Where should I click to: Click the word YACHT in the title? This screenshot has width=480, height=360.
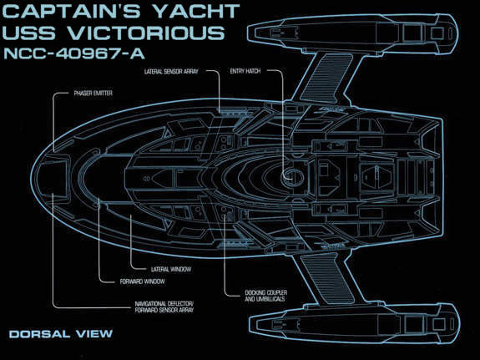coord(196,12)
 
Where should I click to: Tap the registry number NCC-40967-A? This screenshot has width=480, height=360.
coord(73,54)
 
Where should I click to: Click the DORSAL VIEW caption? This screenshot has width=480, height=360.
coord(61,333)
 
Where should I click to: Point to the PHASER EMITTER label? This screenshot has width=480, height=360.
coord(93,94)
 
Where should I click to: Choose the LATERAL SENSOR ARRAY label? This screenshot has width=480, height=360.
coord(171,72)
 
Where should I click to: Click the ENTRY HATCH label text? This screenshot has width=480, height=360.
coord(245,71)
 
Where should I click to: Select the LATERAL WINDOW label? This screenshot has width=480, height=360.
coord(171,269)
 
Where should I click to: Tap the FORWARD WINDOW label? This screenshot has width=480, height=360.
coord(143,281)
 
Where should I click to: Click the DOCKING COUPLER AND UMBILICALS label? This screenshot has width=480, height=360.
coord(265,296)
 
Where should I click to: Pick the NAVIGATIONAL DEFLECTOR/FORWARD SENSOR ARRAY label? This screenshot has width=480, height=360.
coord(164,307)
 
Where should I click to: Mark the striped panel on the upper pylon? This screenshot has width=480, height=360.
coord(327,79)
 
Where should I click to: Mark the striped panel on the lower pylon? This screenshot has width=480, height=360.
coord(327,276)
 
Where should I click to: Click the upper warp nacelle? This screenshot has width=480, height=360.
coord(352,33)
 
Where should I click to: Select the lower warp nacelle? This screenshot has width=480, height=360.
coord(354,324)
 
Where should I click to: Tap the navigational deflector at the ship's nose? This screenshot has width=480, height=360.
coord(54,177)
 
